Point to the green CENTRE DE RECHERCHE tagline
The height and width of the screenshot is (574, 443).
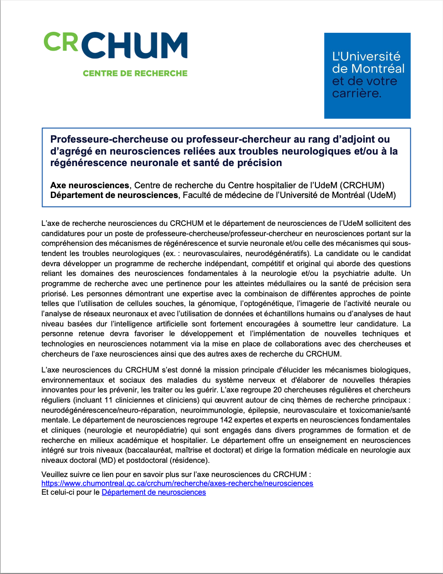pyautogui.click(x=135, y=74)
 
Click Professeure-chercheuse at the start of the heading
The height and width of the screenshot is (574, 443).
pyautogui.click(x=109, y=140)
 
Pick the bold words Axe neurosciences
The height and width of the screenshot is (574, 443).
pyautogui.click(x=89, y=185)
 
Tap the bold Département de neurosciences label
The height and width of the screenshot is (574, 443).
pyautogui.click(x=114, y=195)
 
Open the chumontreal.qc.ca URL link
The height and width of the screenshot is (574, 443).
pyautogui.click(x=177, y=483)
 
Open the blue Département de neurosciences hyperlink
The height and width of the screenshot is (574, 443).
pyautogui.click(x=154, y=492)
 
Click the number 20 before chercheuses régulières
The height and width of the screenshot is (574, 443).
pyautogui.click(x=277, y=390)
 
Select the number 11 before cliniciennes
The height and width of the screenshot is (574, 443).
pyautogui.click(x=109, y=400)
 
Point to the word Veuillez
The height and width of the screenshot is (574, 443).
pyautogui.click(x=55, y=474)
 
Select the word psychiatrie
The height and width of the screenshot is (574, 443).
pyautogui.click(x=353, y=273)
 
